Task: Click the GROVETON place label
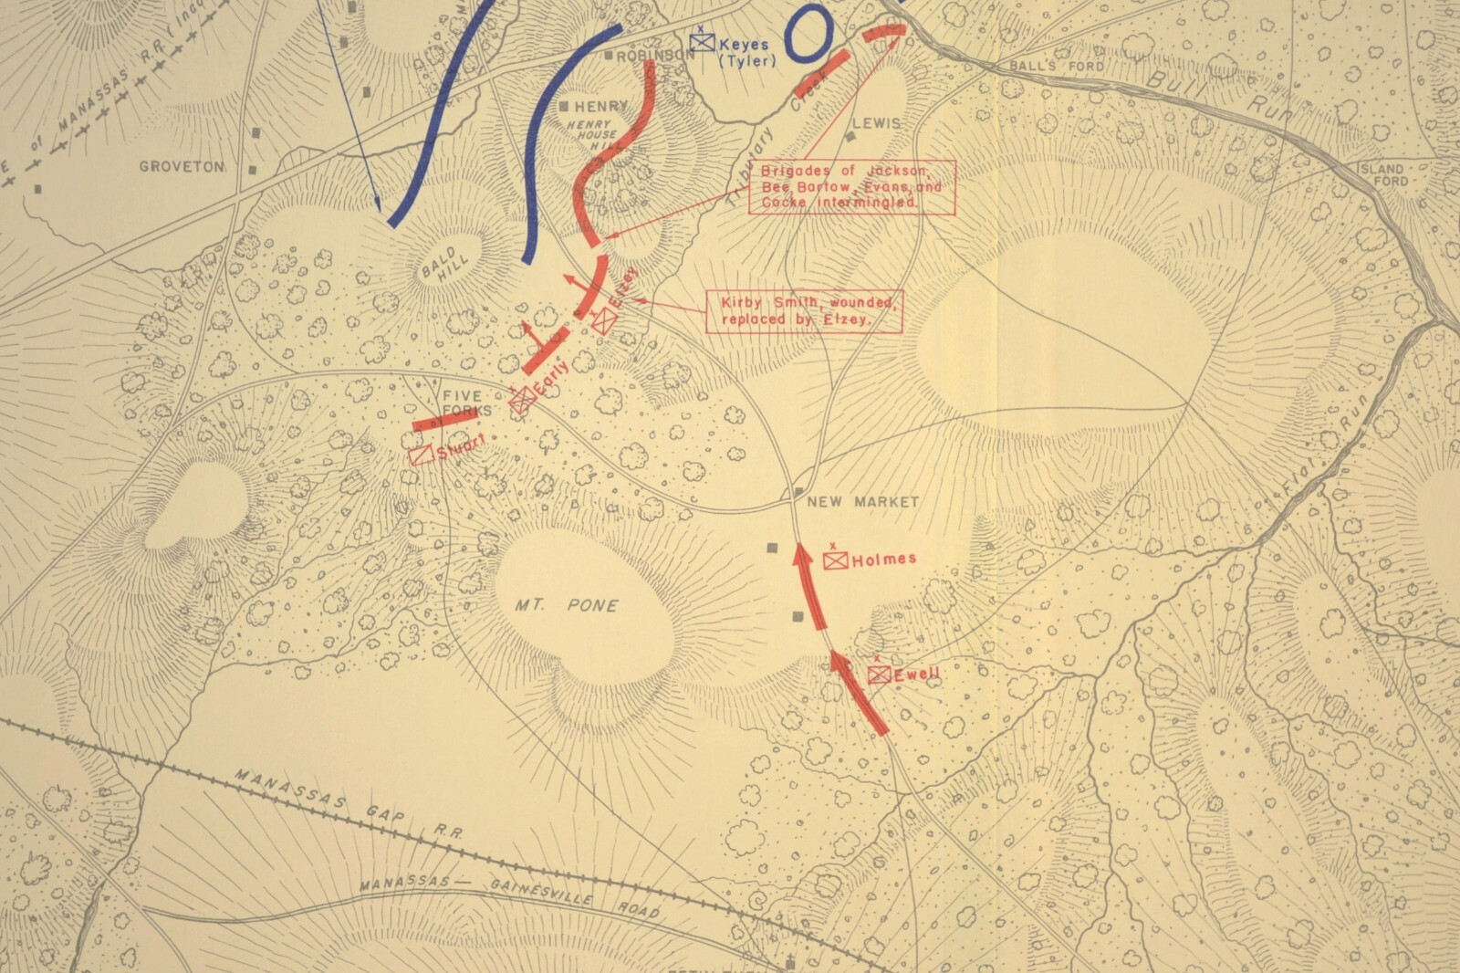tap(182, 167)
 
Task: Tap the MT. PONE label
tap(566, 605)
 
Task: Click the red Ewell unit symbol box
tap(879, 675)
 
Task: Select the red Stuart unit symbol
tap(422, 455)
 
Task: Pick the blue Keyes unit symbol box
tap(701, 43)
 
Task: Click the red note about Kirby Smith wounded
tap(803, 310)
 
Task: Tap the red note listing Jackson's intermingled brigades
tap(851, 186)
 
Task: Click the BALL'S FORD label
tap(1056, 67)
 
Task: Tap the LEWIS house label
tap(876, 122)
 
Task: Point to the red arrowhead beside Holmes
tap(802, 555)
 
